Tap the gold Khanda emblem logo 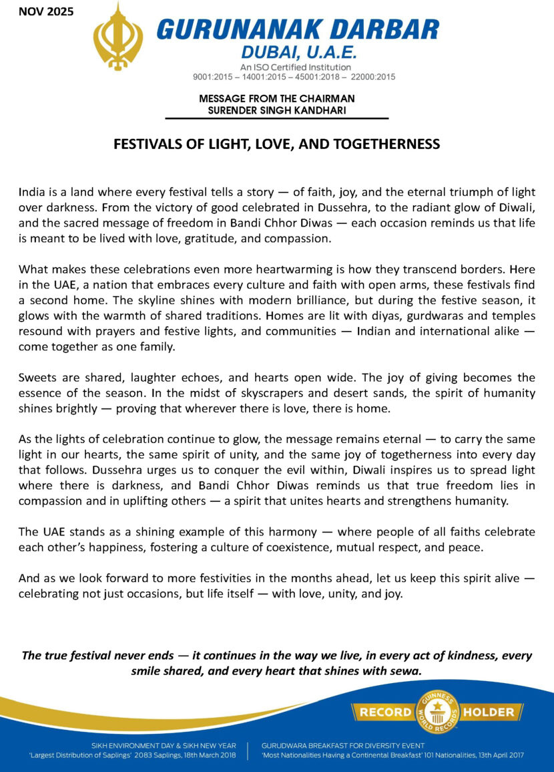pos(117,36)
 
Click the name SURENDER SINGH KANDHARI pos(276,110)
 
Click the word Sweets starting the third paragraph pos(37,377)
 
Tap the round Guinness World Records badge pos(437,711)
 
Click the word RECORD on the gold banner pos(386,712)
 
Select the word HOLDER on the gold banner pos(489,712)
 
